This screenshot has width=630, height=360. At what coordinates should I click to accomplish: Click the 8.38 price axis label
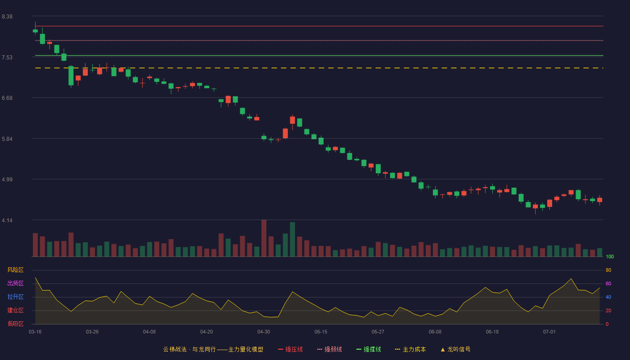[7, 17]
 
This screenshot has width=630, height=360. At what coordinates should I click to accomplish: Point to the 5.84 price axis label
[7, 139]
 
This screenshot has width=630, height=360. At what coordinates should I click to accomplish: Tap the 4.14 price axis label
[7, 220]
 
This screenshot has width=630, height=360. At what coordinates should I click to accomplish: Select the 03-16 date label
[35, 332]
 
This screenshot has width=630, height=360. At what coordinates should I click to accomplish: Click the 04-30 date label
[264, 332]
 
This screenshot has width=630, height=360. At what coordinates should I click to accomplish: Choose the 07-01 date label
[549, 332]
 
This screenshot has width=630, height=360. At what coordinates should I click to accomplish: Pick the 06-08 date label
[435, 332]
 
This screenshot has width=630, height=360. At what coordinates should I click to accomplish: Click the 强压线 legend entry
[290, 349]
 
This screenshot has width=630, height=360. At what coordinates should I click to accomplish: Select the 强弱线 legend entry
[329, 349]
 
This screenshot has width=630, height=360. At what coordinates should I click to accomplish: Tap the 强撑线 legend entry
[369, 349]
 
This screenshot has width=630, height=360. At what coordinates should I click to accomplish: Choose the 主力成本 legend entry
[410, 349]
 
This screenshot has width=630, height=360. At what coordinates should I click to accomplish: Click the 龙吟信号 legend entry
[455, 349]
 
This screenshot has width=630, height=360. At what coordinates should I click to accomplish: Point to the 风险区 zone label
[15, 270]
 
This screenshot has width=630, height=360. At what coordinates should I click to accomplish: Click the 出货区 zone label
[15, 283]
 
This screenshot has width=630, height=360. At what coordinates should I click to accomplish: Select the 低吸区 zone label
[15, 324]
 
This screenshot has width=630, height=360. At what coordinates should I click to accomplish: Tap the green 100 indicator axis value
[610, 256]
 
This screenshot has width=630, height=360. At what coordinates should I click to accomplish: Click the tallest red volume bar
[264, 238]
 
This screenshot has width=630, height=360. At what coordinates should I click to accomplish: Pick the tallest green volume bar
[292, 239]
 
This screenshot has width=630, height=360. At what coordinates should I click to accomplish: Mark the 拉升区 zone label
[15, 297]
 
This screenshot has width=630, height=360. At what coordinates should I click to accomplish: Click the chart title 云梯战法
[175, 349]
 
